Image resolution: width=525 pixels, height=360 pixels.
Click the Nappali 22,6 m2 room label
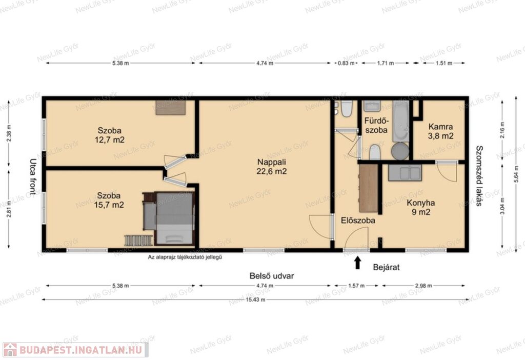pos(272,167)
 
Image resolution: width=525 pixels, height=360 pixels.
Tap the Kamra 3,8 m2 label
pos(440,131)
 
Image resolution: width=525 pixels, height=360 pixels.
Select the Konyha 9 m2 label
pos(421,207)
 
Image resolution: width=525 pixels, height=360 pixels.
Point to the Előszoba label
pos(358,221)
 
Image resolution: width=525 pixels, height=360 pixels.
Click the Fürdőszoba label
pos(376,125)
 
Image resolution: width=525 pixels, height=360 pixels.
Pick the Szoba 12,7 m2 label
pos(110,135)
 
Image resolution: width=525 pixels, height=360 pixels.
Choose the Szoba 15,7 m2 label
pos(109,200)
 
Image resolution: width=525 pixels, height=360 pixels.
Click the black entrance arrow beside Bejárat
pos(357,263)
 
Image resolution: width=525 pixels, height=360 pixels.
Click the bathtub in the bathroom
pos(401,121)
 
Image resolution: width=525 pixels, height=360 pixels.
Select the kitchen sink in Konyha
pos(405,173)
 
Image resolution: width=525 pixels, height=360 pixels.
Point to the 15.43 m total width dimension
pos(255,299)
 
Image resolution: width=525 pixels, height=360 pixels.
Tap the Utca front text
pos(33,176)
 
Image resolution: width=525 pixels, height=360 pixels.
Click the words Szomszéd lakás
pos(479,175)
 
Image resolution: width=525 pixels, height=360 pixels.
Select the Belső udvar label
pos(272,276)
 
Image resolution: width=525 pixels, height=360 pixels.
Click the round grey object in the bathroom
pos(400,151)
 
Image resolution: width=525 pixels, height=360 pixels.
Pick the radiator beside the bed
pos(138,240)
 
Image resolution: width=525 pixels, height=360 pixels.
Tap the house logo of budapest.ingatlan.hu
pos(10,350)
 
